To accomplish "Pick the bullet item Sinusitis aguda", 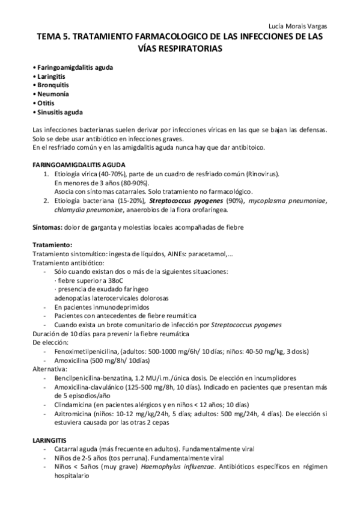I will pos(58,112).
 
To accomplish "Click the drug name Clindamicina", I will pos(74,405).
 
